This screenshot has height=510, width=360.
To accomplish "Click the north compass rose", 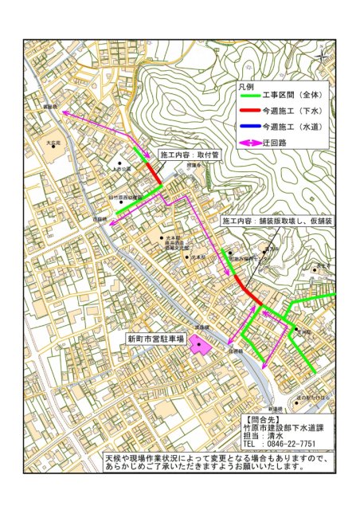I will [322, 56].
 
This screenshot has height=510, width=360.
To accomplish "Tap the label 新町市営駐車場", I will [155, 338].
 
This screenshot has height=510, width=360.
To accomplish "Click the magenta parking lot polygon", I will [198, 347].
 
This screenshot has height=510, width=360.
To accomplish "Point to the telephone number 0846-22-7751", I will [288, 443].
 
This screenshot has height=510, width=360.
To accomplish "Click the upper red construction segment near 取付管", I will [152, 172].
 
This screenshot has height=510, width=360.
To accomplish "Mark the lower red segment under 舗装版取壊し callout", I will [247, 290].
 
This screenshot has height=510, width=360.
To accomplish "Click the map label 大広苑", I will [53, 142].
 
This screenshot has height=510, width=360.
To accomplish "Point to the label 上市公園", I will [121, 169].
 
